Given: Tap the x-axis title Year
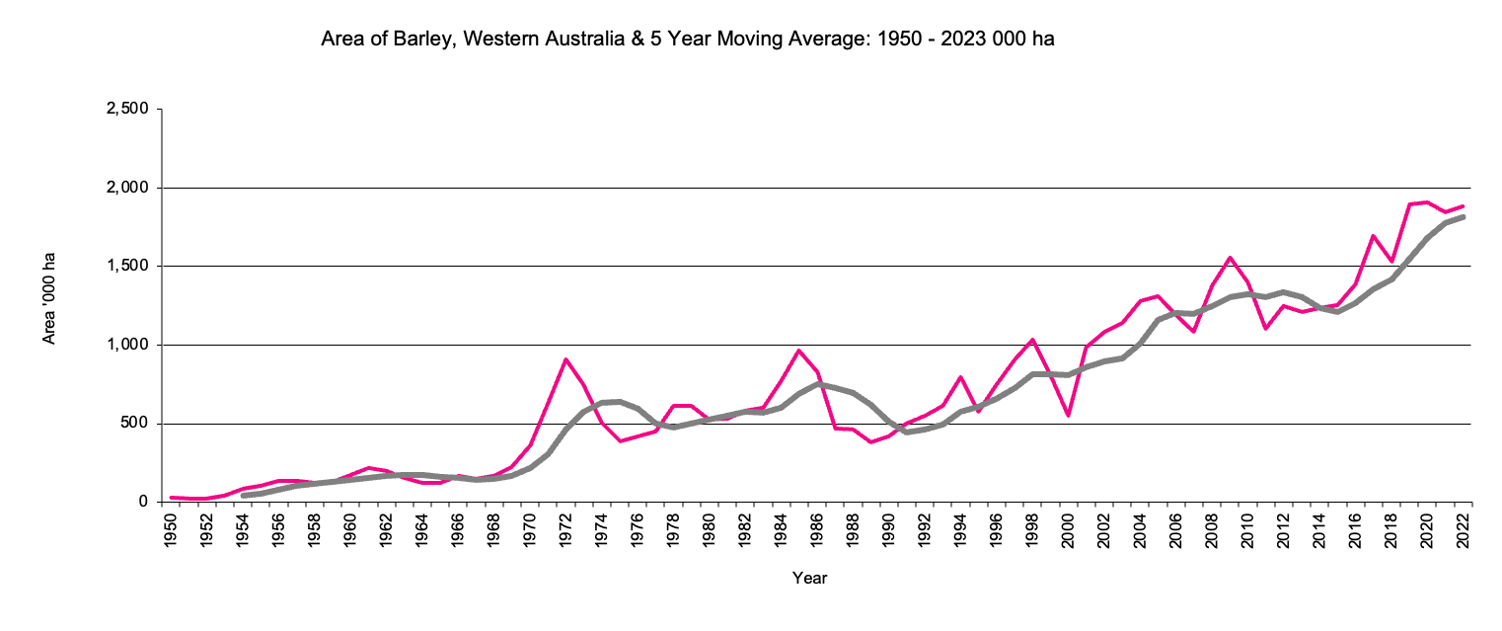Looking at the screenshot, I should (x=810, y=578).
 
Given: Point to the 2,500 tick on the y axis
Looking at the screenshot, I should (x=126, y=109).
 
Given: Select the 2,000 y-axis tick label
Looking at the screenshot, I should (x=126, y=188).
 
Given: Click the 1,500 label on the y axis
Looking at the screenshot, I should (x=126, y=267).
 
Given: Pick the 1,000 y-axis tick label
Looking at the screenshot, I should (x=126, y=345).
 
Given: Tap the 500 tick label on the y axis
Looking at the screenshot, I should (x=133, y=424).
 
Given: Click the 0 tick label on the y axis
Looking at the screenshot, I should (x=143, y=502).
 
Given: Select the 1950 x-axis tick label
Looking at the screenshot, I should (x=172, y=533).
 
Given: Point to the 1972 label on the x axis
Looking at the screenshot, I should (x=566, y=533).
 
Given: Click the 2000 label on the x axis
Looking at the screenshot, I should (x=1068, y=533).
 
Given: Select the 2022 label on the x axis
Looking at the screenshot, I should (x=1463, y=533).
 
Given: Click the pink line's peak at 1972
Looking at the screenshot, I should (x=565, y=359).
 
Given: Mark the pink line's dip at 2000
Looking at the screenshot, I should (x=1068, y=416).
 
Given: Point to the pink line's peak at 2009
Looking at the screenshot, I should (x=1230, y=258).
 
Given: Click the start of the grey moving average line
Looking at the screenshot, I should (x=243, y=496).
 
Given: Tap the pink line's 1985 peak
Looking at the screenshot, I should (x=799, y=351).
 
